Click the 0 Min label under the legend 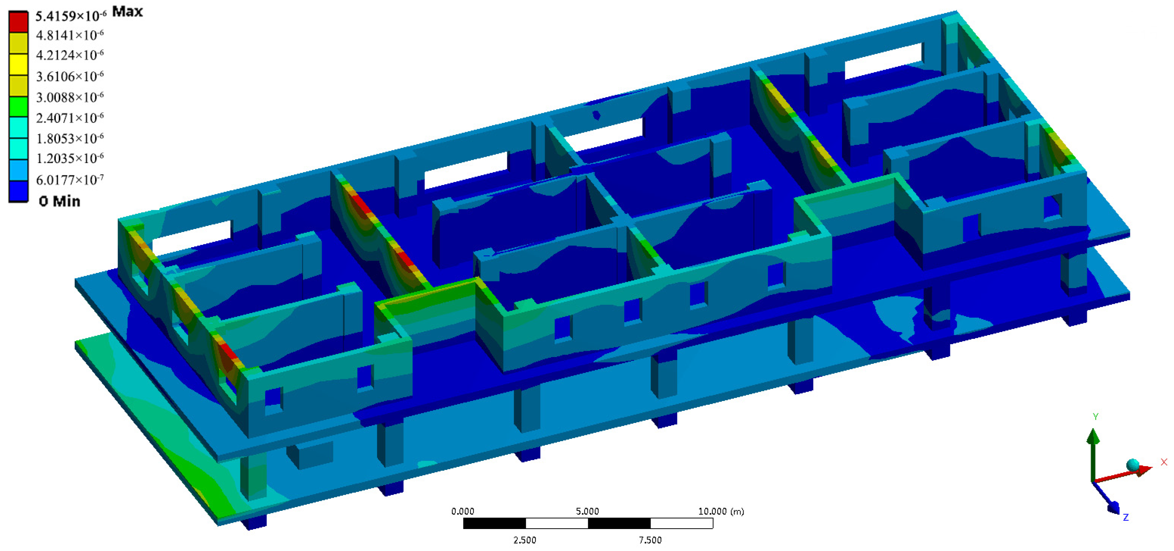click(x=59, y=201)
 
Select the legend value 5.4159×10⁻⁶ click(x=71, y=16)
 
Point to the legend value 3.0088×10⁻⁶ click(x=70, y=97)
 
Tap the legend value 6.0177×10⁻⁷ click(x=70, y=180)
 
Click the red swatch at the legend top click(x=18, y=21)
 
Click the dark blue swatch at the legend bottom click(x=18, y=192)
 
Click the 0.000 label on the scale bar click(x=463, y=511)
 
